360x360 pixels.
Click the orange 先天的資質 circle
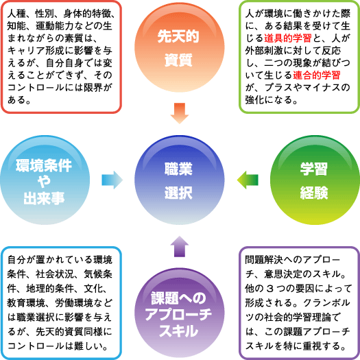(x=180, y=47)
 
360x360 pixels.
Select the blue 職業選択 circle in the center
(x=180, y=180)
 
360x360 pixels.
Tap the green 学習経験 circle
(x=315, y=180)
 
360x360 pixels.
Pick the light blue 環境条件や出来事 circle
(x=45, y=180)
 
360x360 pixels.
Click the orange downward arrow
(x=180, y=113)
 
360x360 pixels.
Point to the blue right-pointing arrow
(x=112, y=180)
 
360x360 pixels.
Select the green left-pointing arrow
(x=248, y=180)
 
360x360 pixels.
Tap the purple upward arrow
(x=180, y=246)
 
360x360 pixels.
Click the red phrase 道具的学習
(x=288, y=38)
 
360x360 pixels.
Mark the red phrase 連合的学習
(x=317, y=75)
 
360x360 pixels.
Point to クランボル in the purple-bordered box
(x=326, y=303)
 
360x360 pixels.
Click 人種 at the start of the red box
(x=16, y=14)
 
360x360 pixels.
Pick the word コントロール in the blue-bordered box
(x=36, y=346)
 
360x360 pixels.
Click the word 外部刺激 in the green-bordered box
(x=264, y=51)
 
